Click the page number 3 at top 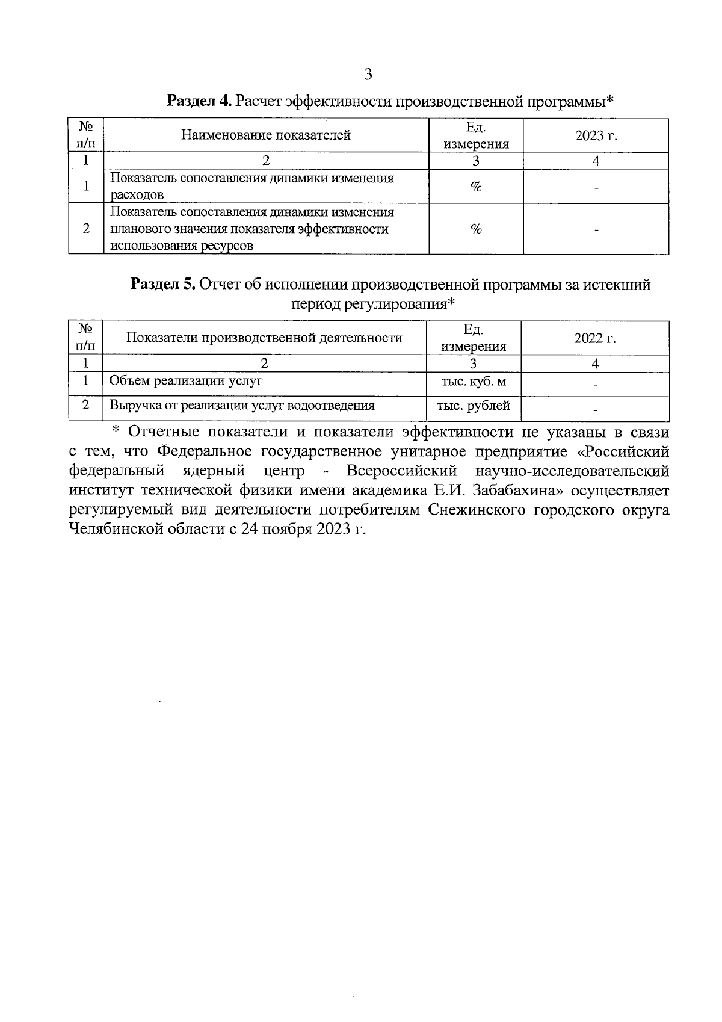[x=368, y=75]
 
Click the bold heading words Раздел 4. [x=199, y=101]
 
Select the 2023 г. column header [x=596, y=135]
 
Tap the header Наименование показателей [x=266, y=135]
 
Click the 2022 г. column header [x=595, y=338]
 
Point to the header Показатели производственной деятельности [x=264, y=338]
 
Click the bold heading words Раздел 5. [x=163, y=285]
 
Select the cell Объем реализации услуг [x=185, y=381]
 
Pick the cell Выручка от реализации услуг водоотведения [x=241, y=406]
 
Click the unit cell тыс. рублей [x=474, y=406]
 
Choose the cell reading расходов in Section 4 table [x=137, y=195]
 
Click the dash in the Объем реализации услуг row [x=595, y=386]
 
